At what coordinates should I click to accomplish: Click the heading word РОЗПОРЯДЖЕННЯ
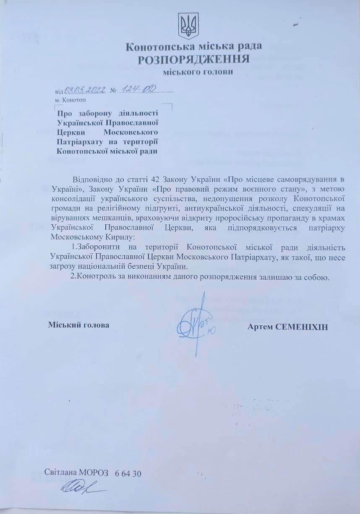(194, 59)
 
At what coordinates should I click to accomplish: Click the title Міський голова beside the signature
(79, 325)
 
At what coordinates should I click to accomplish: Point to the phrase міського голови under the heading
(198, 72)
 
